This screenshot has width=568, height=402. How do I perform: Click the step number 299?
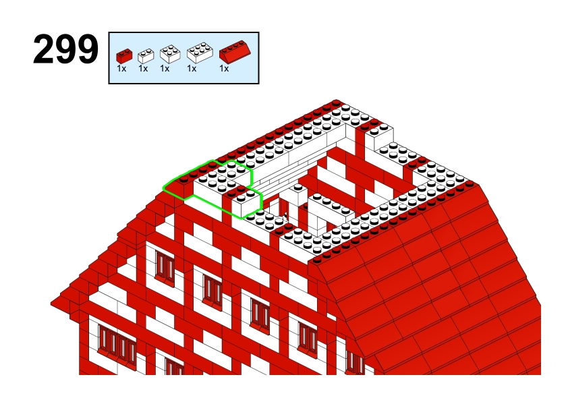(65, 50)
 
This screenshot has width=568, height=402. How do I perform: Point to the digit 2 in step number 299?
(43, 50)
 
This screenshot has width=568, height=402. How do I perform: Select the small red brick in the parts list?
(124, 56)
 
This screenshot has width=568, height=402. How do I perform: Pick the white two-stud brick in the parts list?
(146, 56)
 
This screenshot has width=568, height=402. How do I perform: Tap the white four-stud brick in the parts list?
(170, 54)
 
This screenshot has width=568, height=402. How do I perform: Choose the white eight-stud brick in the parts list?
(200, 53)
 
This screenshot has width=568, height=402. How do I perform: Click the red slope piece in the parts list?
(235, 52)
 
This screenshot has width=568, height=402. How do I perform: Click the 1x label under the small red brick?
(121, 68)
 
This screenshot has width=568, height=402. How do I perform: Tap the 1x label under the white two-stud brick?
(143, 68)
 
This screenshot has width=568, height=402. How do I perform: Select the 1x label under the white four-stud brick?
(165, 68)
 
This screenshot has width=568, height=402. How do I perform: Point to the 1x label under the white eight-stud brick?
(192, 68)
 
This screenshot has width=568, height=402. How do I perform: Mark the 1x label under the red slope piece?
(224, 68)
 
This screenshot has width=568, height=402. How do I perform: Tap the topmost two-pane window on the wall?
(165, 267)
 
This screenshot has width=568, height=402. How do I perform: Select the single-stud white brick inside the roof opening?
(298, 195)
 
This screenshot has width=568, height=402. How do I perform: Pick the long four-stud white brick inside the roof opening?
(331, 207)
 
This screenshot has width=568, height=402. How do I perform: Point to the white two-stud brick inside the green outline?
(247, 202)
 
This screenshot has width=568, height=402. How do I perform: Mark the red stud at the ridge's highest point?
(335, 103)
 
